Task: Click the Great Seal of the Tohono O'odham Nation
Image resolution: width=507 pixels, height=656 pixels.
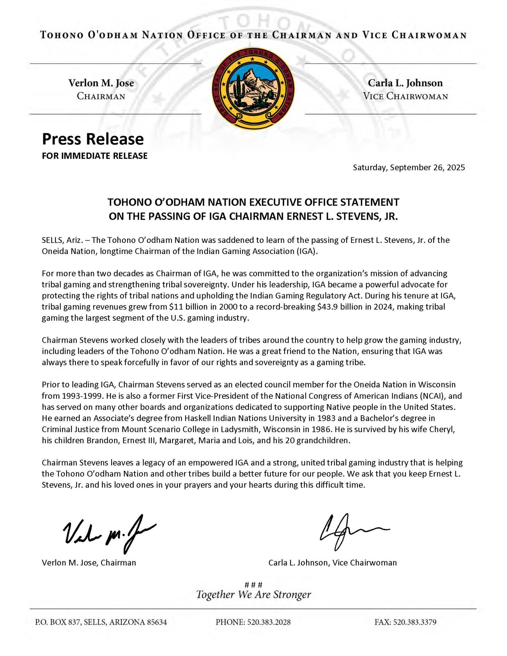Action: [253, 89]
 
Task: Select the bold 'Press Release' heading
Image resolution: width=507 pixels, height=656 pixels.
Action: [93, 139]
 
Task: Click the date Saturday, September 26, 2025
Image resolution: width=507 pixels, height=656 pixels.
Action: [409, 167]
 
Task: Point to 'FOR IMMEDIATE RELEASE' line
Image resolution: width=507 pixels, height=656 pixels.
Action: [95, 156]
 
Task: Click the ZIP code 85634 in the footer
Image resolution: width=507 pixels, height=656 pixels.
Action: [157, 622]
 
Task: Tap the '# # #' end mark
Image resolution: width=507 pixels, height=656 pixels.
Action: [253, 585]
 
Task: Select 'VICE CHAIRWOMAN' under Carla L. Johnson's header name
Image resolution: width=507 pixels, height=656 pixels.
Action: [405, 96]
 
